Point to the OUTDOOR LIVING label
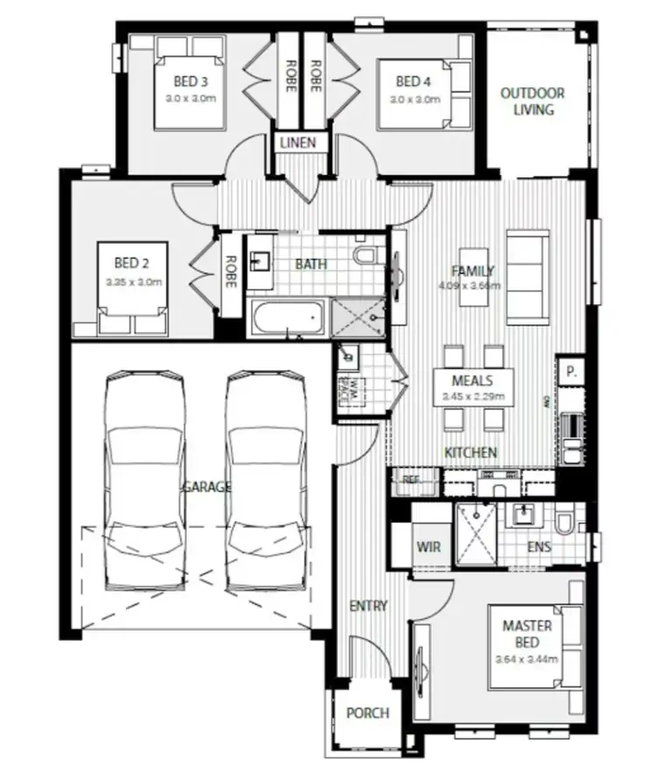point(532,101)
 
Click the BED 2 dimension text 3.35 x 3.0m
point(134,282)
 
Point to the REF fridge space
point(411,479)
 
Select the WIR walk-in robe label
point(429,547)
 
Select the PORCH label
point(367,713)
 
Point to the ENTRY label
point(367,605)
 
